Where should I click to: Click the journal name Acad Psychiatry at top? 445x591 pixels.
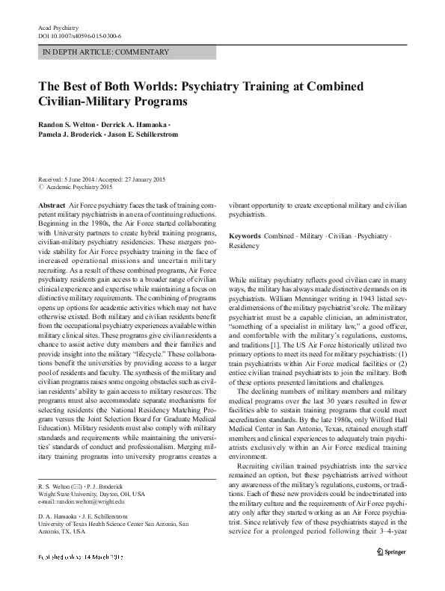click(58, 28)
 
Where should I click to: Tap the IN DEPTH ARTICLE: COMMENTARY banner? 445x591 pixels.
click(96, 52)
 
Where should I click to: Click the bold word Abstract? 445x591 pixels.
click(51, 204)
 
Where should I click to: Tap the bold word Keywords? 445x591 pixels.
click(245, 235)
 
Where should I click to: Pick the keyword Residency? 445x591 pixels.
click(244, 245)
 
